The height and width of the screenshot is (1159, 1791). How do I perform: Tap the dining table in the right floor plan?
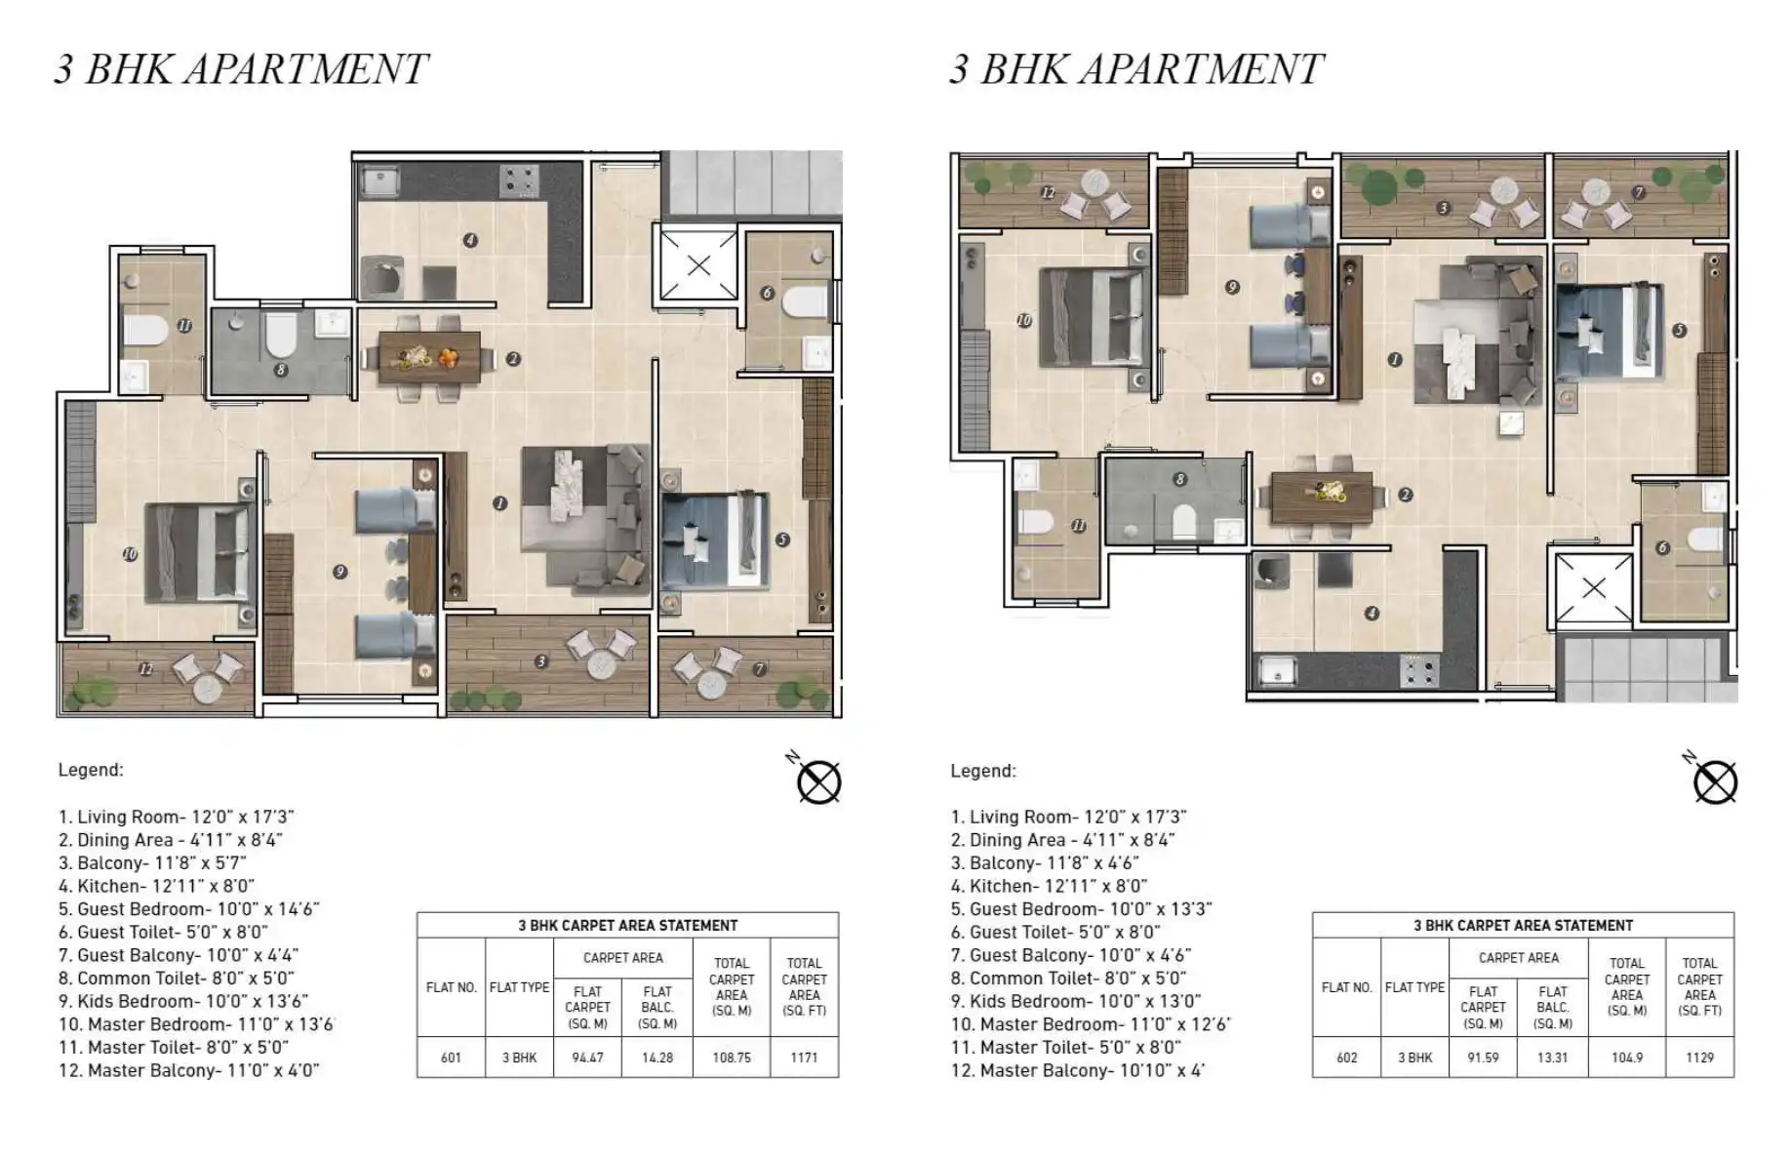(x=1322, y=495)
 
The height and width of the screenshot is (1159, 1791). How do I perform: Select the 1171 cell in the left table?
(x=804, y=1058)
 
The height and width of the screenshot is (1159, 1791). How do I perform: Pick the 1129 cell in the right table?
(x=1699, y=1058)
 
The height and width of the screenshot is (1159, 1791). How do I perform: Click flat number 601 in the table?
(x=451, y=1058)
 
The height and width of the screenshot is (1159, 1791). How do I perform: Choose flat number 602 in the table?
(x=1346, y=1058)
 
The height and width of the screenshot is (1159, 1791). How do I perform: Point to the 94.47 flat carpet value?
(x=587, y=1058)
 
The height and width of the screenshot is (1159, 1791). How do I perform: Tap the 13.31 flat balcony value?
(x=1552, y=1058)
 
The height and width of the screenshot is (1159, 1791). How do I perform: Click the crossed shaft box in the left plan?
(x=698, y=264)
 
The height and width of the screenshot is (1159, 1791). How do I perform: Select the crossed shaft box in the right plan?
(x=1593, y=587)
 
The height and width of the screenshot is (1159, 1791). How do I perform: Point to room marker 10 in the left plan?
(x=130, y=554)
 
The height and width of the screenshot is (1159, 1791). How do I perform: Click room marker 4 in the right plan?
(x=1372, y=614)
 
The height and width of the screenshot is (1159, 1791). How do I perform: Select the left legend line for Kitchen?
(x=156, y=886)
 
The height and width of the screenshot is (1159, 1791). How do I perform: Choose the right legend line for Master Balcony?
(x=1078, y=1070)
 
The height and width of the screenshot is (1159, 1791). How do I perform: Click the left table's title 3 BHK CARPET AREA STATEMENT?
(x=627, y=925)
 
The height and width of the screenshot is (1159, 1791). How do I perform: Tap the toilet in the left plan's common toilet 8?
(x=281, y=334)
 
